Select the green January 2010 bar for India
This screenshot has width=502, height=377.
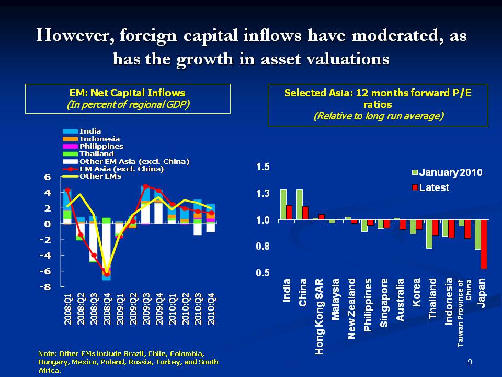click(283, 204)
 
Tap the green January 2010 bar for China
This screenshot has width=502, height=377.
click(300, 204)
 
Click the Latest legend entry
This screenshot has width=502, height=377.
click(433, 187)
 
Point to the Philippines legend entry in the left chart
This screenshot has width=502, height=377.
click(101, 147)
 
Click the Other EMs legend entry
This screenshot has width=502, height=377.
click(100, 176)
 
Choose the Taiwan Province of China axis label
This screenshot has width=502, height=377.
click(465, 313)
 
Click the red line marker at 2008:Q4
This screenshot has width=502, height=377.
click(107, 274)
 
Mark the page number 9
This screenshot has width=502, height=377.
click(470, 362)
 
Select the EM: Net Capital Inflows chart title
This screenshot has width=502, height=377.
click(128, 93)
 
